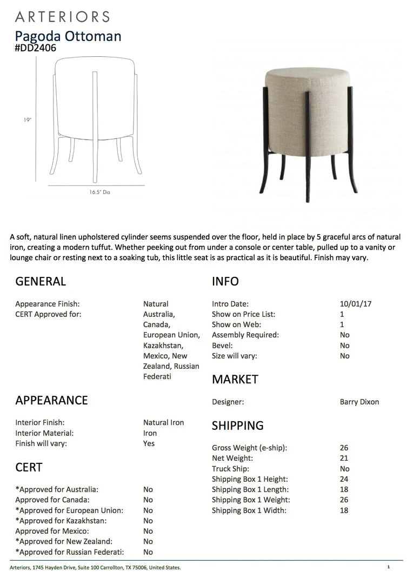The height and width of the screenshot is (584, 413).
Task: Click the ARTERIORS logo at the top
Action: [x=62, y=16]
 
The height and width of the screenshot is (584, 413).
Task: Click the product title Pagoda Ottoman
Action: [x=68, y=36]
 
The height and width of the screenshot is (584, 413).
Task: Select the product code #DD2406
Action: [x=36, y=48]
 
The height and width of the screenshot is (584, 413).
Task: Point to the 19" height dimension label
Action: [x=28, y=120]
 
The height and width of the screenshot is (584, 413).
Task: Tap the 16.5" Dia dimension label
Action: [x=100, y=192]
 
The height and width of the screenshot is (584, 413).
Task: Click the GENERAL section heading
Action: [x=41, y=281]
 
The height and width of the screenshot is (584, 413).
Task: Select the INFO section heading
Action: [x=225, y=281]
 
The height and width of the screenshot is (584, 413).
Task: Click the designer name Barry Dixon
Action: [x=359, y=402]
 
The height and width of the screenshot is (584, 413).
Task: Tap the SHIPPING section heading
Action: [x=238, y=426]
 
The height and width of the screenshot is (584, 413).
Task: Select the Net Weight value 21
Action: [x=344, y=459]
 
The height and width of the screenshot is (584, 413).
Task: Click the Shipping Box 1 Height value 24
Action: [x=344, y=479]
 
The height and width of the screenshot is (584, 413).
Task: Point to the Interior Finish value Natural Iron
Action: [x=163, y=422]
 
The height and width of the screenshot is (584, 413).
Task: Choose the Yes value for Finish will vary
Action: [x=149, y=443]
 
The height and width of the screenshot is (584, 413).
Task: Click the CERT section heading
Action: [x=29, y=467]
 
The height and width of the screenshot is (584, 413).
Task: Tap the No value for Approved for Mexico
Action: [x=148, y=531]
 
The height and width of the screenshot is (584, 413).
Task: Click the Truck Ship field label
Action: [x=230, y=469]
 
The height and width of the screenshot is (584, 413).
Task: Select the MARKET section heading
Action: [x=235, y=379]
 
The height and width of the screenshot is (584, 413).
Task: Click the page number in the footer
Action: [x=388, y=567]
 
